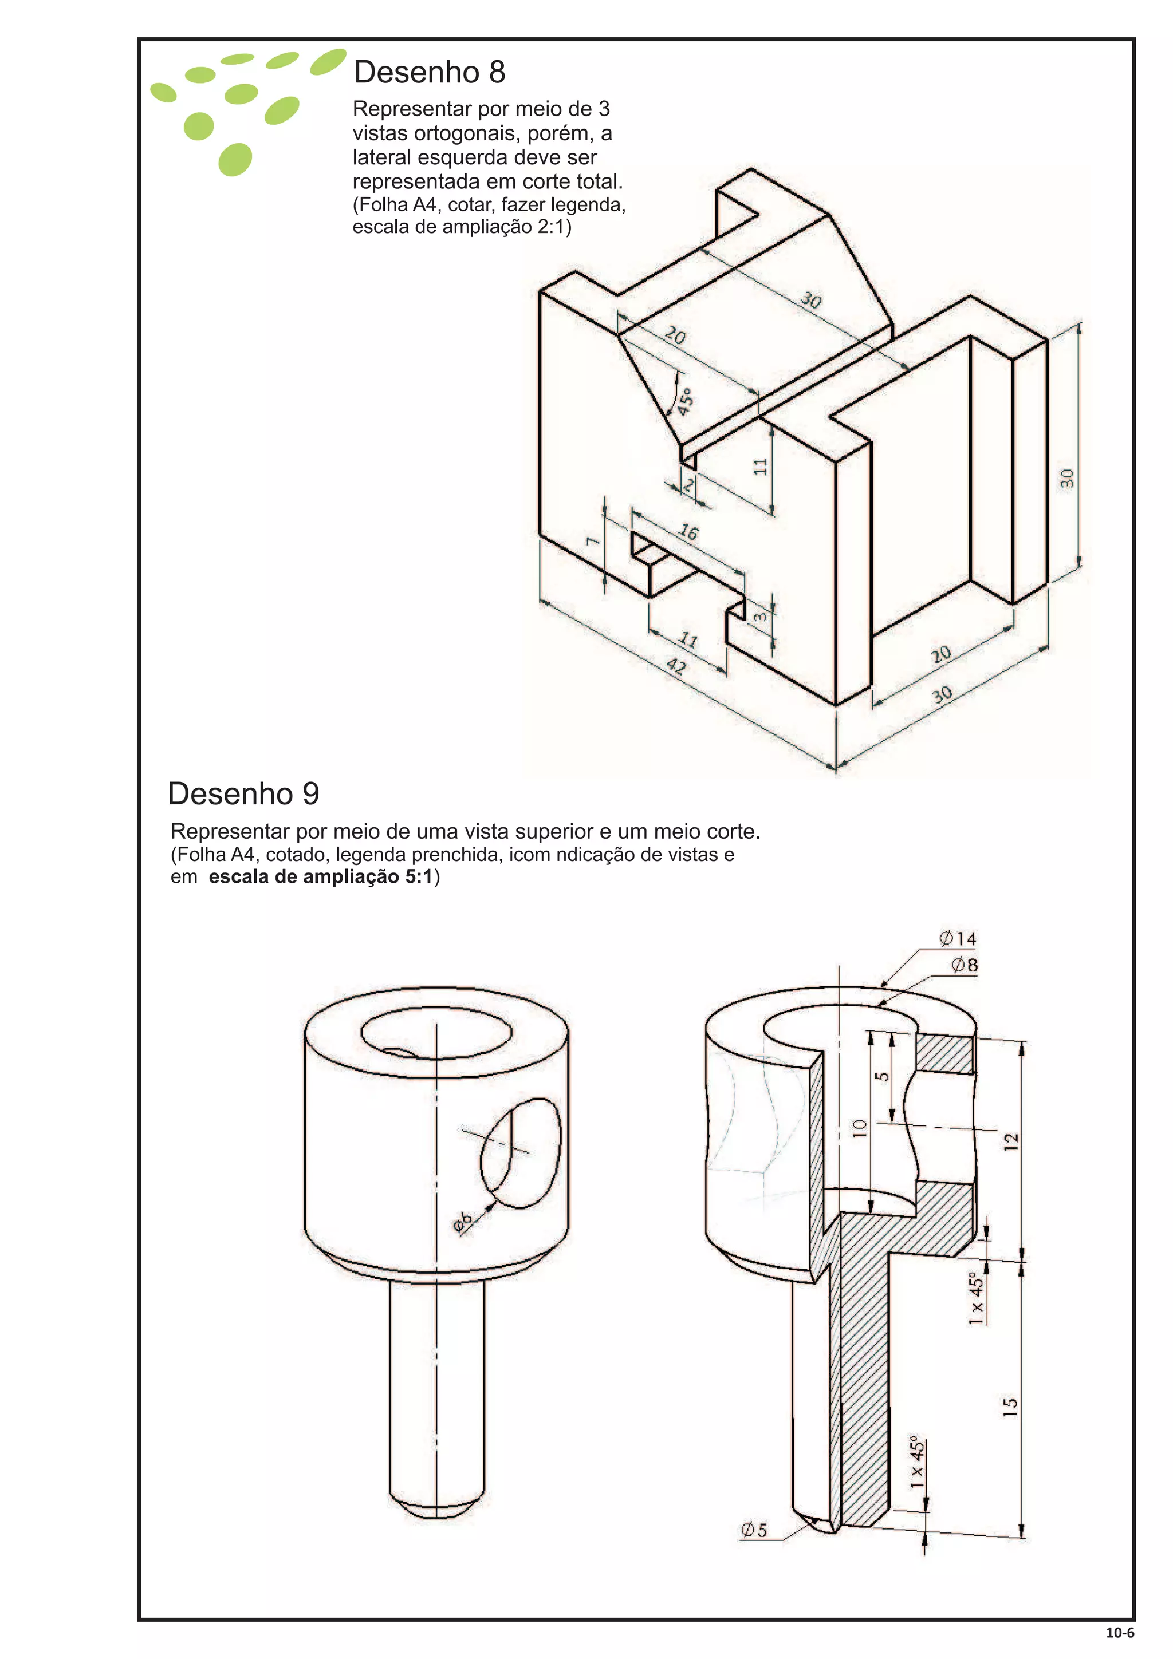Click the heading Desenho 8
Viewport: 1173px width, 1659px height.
point(430,72)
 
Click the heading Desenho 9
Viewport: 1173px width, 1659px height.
point(243,793)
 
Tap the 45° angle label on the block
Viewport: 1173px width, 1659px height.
point(685,400)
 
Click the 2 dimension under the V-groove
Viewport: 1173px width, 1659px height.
point(689,485)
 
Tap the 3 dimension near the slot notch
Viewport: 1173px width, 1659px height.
point(760,617)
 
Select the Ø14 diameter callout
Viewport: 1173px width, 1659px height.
point(958,939)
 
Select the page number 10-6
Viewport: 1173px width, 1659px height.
point(1120,1632)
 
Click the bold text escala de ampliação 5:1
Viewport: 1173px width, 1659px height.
point(320,877)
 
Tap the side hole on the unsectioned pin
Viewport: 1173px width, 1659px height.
point(521,1153)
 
